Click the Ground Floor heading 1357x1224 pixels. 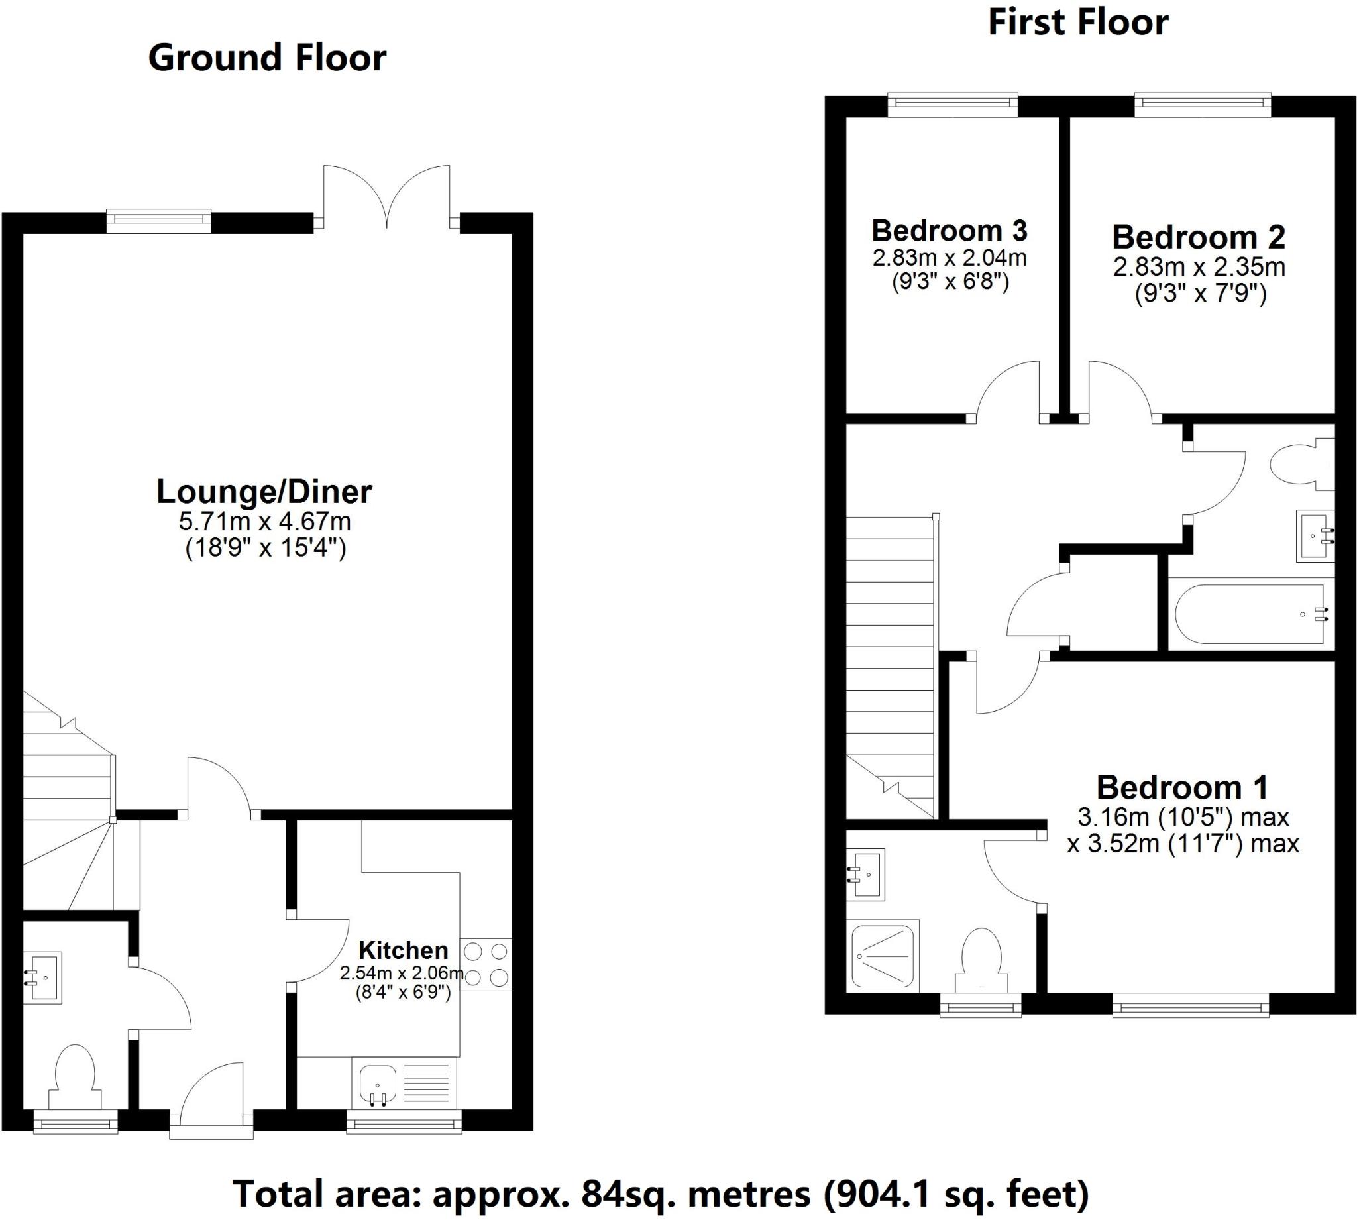coord(267,58)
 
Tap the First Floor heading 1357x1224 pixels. coord(1077,23)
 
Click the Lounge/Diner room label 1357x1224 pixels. coord(264,492)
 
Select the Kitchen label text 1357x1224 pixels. coord(403,950)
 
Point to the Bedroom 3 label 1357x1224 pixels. coord(950,231)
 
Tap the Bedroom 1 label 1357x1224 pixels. coord(1182,787)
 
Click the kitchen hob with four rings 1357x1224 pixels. coord(486,964)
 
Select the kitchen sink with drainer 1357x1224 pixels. coord(404,1084)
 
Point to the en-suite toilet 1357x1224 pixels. coord(982,958)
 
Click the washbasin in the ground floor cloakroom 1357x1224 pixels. coord(44,977)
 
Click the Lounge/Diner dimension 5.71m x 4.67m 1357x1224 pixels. coord(264,521)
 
